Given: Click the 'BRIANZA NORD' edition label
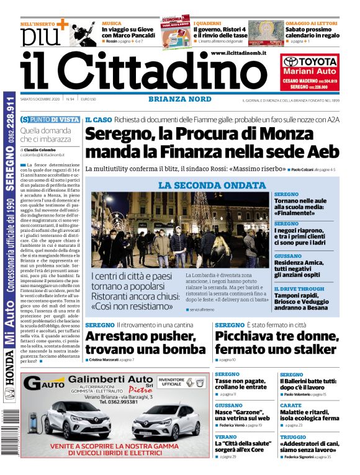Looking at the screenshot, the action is pos(176,99).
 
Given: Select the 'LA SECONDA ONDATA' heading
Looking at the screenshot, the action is pos(212,185).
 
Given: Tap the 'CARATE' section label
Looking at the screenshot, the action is pos(290,405).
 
